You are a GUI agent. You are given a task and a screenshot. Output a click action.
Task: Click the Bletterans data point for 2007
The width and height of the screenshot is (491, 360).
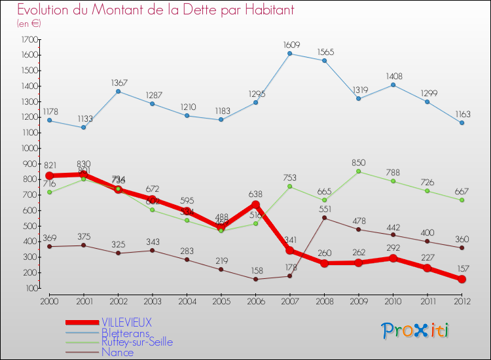pos(290,54)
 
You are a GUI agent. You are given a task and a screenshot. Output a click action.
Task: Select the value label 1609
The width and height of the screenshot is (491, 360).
pos(291,45)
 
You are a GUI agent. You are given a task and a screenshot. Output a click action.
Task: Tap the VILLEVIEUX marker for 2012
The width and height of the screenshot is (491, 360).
pos(462,279)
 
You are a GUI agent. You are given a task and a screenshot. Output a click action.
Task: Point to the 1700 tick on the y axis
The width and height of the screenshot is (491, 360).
pos(29,39)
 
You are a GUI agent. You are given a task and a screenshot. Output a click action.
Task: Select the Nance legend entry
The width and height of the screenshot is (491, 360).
pos(117,352)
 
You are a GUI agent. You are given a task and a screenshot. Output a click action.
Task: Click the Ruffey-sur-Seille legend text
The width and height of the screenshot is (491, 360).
pos(137,342)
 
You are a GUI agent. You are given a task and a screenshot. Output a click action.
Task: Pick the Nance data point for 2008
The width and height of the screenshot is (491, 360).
pos(324,218)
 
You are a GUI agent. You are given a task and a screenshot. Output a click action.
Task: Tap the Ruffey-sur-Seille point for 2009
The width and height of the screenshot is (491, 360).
pos(359,171)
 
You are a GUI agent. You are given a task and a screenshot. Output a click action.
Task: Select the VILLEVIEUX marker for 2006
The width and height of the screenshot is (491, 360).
pos(256,204)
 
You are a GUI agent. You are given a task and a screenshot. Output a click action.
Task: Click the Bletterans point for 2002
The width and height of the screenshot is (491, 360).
pos(118,91)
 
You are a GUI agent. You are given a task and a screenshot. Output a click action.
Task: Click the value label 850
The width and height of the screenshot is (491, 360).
pos(359,162)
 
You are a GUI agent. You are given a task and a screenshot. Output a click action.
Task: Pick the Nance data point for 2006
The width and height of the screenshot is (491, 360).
pos(256,279)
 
